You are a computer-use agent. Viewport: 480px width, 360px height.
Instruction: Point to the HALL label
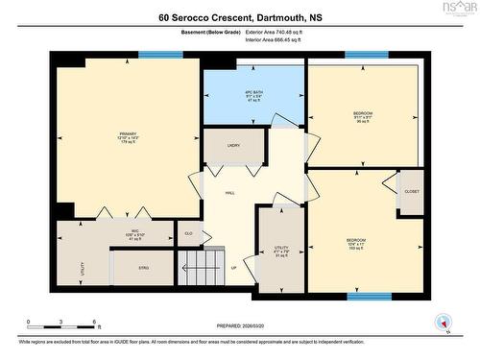[230, 193]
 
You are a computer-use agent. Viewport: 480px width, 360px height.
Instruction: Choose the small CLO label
[188, 232]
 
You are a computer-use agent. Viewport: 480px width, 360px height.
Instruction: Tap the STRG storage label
[143, 268]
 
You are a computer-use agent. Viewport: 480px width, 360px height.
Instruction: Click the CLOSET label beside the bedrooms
[410, 191]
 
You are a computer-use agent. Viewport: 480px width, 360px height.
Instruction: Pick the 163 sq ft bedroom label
[356, 243]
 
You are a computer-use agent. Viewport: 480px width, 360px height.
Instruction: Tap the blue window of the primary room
[160, 55]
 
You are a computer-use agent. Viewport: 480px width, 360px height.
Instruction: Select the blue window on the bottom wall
[369, 297]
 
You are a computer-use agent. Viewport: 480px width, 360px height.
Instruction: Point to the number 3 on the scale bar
[60, 322]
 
